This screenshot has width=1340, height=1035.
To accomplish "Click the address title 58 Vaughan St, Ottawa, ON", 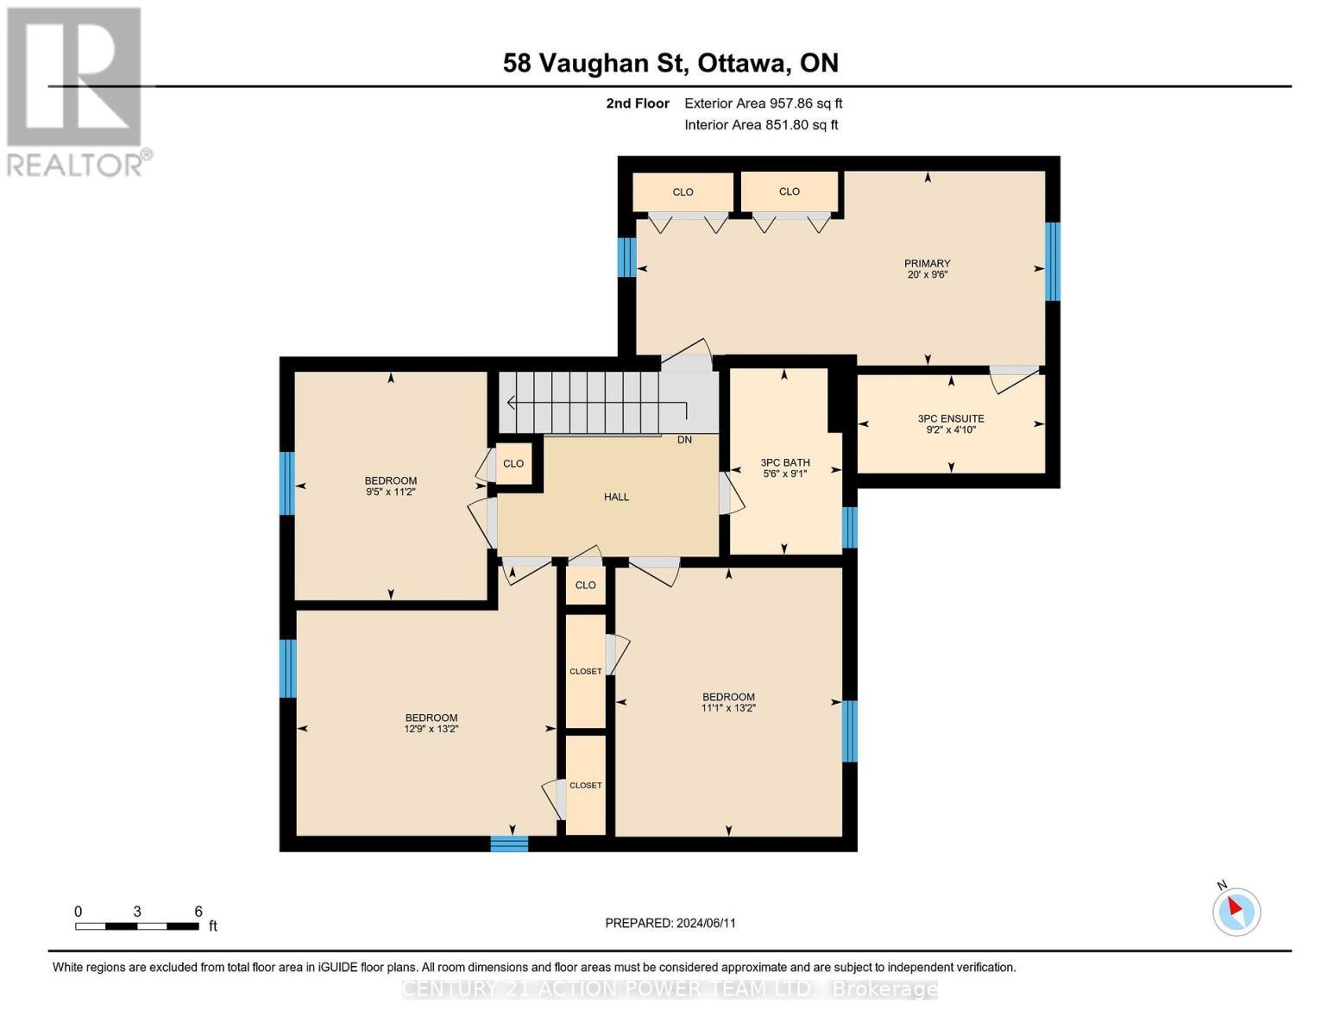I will tap(670, 63).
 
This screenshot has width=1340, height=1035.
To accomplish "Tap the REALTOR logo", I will tap(76, 91).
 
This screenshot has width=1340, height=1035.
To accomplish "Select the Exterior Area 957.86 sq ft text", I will tap(763, 103).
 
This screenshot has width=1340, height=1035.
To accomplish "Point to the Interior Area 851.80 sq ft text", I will tap(761, 125).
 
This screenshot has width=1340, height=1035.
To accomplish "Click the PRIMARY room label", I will tap(927, 264).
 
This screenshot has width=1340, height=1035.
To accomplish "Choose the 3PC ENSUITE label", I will tap(951, 419).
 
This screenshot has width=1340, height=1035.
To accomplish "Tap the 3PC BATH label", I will tap(784, 463).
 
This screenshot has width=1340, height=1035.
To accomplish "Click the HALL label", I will tap(616, 497).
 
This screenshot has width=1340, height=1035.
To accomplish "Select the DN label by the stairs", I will tap(684, 440).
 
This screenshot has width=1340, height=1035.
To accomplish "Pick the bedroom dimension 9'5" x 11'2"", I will tap(391, 492).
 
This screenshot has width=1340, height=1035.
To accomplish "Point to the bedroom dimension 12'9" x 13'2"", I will tap(431, 729).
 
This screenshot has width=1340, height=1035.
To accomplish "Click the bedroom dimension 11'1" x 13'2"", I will tap(728, 708).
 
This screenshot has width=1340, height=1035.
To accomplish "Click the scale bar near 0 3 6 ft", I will tap(136, 926).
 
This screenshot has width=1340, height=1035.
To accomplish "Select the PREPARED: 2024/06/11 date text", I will tap(670, 923).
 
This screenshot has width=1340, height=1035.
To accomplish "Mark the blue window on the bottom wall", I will tap(509, 844).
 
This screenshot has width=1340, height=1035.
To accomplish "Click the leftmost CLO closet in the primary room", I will tap(683, 192).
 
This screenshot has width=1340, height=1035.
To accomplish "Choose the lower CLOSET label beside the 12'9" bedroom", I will tap(586, 786).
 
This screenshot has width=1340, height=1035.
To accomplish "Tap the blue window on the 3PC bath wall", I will tap(849, 528).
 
